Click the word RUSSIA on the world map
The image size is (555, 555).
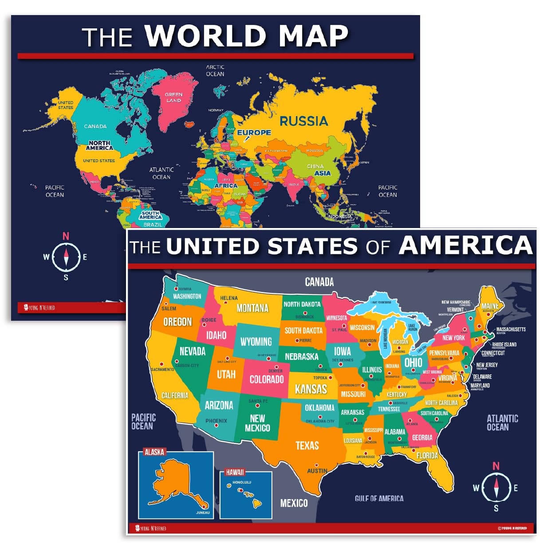point(303,121)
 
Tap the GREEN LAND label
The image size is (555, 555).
point(173,97)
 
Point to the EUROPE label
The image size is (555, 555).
point(254,132)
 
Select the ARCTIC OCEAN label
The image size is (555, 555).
point(215,71)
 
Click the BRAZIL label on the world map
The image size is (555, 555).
point(153,224)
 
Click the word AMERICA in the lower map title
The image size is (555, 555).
point(465,245)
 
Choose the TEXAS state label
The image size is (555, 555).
point(307,445)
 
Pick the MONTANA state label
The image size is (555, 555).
point(252,308)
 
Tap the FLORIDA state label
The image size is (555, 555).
point(427,456)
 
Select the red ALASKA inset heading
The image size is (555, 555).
point(154,452)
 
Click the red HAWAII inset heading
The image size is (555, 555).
point(235,472)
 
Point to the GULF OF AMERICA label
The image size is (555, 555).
point(379,499)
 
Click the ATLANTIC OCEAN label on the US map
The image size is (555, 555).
point(502,422)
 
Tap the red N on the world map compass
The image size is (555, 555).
point(66,236)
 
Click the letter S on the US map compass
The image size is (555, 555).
point(496,508)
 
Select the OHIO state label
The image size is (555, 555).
point(413,362)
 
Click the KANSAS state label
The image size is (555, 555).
point(311,389)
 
